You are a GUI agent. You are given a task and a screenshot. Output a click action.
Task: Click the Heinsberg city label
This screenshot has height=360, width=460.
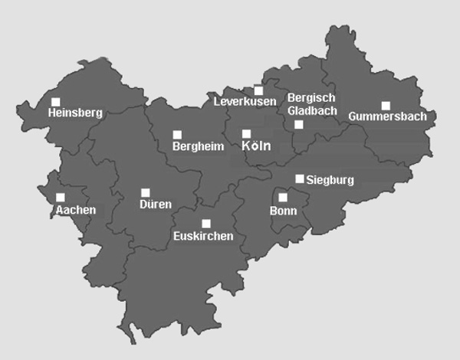[x=74, y=113]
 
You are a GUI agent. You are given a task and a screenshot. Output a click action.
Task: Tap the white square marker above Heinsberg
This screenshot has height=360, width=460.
[x=55, y=101]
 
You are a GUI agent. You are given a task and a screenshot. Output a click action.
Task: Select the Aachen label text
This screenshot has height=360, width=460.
[x=75, y=209]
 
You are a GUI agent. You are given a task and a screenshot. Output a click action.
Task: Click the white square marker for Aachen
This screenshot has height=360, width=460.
[x=61, y=197]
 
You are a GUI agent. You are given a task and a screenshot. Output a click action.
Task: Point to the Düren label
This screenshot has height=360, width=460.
[x=155, y=205]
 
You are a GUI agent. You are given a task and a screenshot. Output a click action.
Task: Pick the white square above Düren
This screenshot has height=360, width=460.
[x=146, y=192]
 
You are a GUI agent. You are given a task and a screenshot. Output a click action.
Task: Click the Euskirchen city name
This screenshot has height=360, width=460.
[x=203, y=236]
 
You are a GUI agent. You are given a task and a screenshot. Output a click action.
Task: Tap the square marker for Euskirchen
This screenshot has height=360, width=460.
[x=205, y=224]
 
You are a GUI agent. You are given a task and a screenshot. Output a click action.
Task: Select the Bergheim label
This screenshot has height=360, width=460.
[x=198, y=146]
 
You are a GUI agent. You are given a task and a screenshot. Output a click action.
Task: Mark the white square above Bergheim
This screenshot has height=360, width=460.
[x=177, y=134]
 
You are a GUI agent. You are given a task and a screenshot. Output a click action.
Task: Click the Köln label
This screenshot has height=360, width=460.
[x=256, y=146]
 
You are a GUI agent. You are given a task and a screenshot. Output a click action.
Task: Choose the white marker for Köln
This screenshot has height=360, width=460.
[x=246, y=133]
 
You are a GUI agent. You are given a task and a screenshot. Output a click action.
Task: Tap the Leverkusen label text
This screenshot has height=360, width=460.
[x=245, y=102]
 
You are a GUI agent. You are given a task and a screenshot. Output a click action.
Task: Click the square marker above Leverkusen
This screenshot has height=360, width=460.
[x=258, y=90]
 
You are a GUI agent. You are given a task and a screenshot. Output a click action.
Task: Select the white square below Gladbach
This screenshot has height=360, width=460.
[x=299, y=124]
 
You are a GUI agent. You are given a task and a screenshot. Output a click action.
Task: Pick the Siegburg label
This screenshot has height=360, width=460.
[x=330, y=181]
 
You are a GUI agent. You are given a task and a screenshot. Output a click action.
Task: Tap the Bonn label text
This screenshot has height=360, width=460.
[x=283, y=210]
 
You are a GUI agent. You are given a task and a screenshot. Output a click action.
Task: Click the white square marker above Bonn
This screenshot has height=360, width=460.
[x=283, y=197]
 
